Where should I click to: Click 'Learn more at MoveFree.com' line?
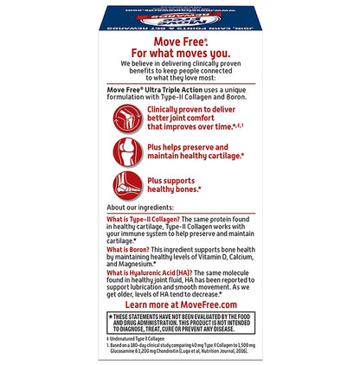click(x=179, y=304)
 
